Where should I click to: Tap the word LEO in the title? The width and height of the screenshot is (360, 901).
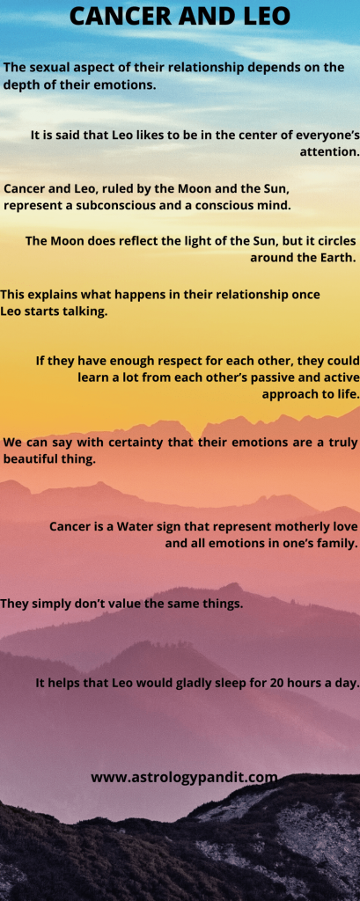point(263,16)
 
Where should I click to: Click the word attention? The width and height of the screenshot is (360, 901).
point(329,153)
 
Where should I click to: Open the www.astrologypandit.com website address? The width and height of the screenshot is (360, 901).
point(184,778)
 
